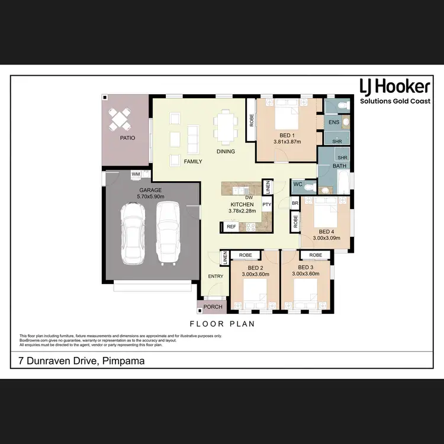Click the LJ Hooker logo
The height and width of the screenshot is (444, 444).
pyautogui.click(x=395, y=92)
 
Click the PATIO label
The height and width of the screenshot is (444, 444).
pyautogui.click(x=127, y=138)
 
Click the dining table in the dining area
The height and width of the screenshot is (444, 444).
pyautogui.click(x=225, y=127)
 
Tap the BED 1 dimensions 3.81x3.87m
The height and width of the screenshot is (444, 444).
pyautogui.click(x=287, y=142)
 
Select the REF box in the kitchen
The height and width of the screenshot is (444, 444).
pyautogui.click(x=231, y=226)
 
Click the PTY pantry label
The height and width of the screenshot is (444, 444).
pyautogui.click(x=266, y=205)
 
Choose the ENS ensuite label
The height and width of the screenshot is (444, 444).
pyautogui.click(x=334, y=122)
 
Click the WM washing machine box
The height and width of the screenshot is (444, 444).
pyautogui.click(x=136, y=174)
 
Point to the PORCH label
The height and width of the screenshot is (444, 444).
pyautogui.click(x=213, y=307)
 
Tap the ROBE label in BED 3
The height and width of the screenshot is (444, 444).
pyautogui.click(x=316, y=255)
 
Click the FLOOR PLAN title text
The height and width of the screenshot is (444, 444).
pyautogui.click(x=222, y=324)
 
